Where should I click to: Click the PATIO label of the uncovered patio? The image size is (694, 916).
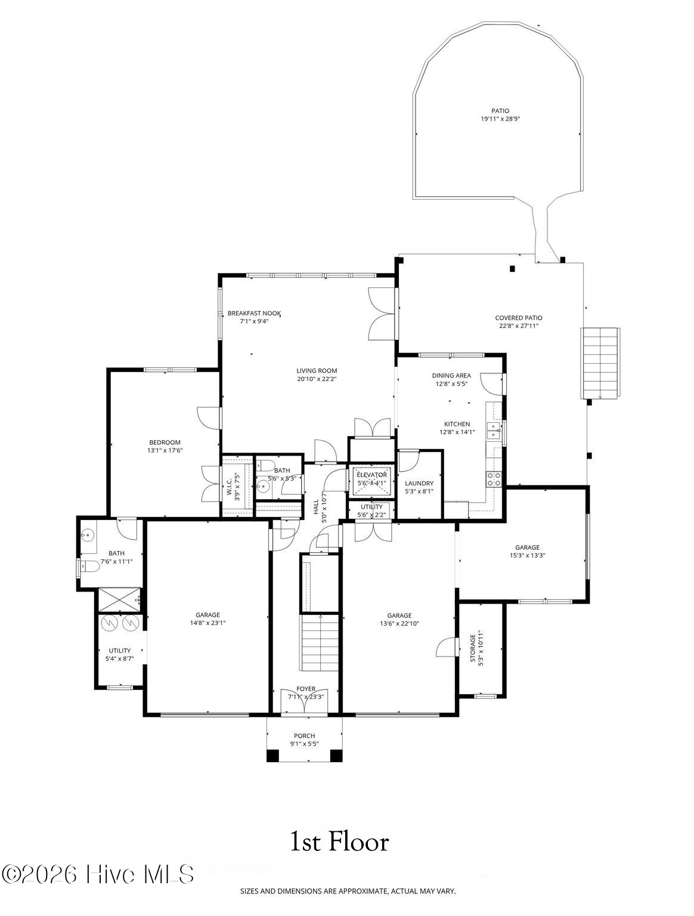click(x=500, y=110)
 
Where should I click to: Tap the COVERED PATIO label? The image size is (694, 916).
click(x=518, y=318)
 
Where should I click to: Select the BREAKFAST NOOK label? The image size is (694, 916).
click(x=254, y=313)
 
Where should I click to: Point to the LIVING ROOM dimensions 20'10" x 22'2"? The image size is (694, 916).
click(x=317, y=379)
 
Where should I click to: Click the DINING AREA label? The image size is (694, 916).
click(x=451, y=376)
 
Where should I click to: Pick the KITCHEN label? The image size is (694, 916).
click(x=456, y=424)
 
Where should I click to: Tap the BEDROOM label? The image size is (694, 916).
click(x=165, y=442)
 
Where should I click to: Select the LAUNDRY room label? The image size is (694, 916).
click(x=419, y=483)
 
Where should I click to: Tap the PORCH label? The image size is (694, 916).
click(x=304, y=736)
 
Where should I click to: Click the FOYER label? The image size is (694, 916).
click(x=306, y=689)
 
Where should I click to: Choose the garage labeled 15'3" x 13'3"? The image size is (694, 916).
click(x=527, y=551)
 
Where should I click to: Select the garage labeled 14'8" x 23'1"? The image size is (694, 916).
click(x=207, y=618)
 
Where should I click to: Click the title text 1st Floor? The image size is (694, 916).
click(x=339, y=842)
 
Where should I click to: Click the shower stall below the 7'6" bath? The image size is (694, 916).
click(x=119, y=599)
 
